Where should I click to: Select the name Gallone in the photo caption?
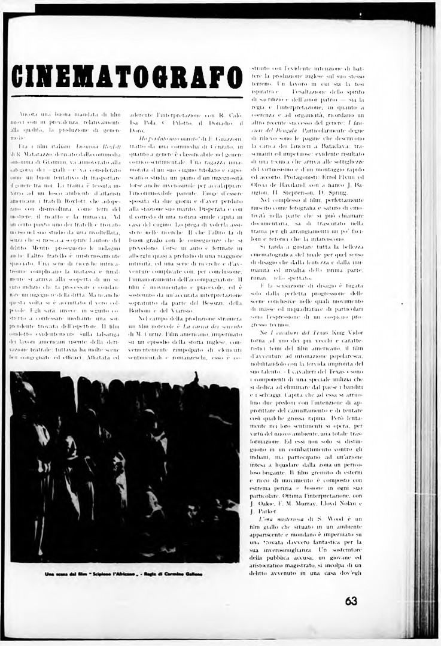[x=191, y=574]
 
